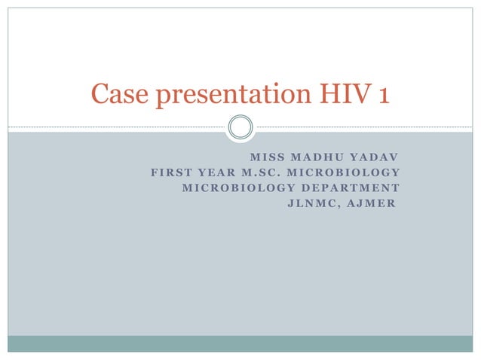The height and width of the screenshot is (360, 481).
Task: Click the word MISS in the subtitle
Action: pyautogui.click(x=264, y=158)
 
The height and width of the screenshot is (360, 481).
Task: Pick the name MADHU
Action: pyautogui.click(x=314, y=158)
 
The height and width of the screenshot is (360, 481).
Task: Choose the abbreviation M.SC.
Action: pyautogui.click(x=265, y=172)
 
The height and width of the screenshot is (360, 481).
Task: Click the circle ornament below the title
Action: pyautogui.click(x=240, y=127)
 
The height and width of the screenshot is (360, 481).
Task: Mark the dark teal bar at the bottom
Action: pyautogui.click(x=240, y=343)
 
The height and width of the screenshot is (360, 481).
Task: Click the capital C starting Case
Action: pyautogui.click(x=99, y=94)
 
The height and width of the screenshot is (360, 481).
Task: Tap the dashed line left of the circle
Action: pyautogui.click(x=113, y=127)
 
